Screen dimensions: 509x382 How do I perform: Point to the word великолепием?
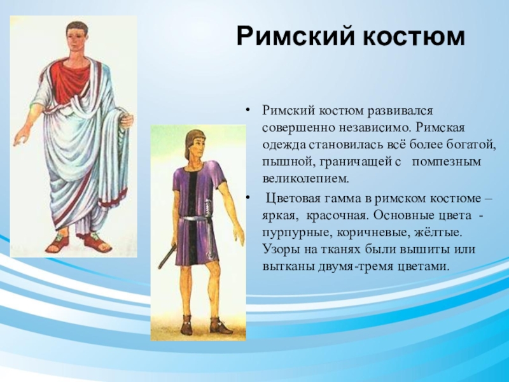pyautogui.click(x=305, y=179)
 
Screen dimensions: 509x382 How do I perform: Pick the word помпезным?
pyautogui.click(x=447, y=162)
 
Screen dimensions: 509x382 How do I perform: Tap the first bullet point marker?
pyautogui.click(x=248, y=111)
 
